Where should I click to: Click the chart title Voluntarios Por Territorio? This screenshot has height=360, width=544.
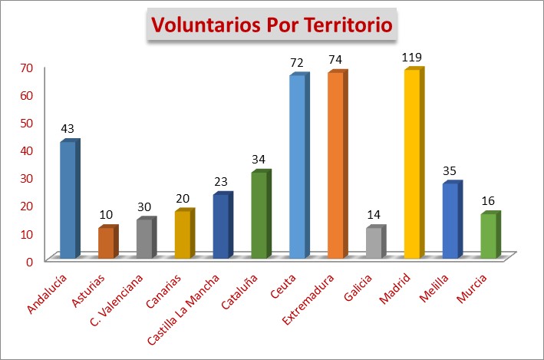point(272,25)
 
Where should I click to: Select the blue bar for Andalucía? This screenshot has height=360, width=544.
point(68,200)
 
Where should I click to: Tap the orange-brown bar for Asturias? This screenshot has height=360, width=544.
point(106,243)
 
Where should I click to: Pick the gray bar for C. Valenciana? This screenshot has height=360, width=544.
point(144,239)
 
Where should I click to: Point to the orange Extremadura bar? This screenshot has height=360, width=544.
point(335,165)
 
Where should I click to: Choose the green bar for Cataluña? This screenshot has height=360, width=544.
point(259,215)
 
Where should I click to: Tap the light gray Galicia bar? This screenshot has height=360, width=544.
point(374,243)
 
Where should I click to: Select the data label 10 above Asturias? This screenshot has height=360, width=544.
point(107,215)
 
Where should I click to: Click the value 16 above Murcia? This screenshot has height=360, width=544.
point(489,201)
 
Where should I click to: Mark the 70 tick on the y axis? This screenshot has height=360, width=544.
point(26,68)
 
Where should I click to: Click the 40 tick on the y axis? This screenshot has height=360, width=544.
point(26,150)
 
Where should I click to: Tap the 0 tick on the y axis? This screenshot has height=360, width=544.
point(29,260)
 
